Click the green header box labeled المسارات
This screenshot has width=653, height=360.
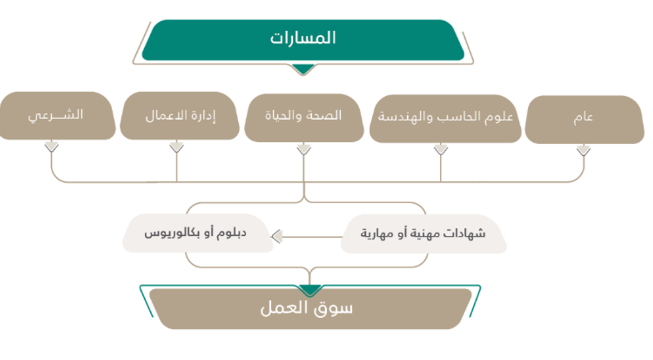point(303,40)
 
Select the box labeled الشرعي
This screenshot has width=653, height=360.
point(57,116)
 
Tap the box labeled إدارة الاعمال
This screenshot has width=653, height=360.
point(179,116)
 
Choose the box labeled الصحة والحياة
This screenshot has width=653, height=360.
point(304,117)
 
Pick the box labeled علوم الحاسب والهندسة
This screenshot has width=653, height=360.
point(445,119)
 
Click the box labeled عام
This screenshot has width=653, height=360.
point(585,120)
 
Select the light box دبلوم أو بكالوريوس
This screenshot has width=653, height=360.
point(198,233)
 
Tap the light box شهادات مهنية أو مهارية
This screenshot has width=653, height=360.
point(424,234)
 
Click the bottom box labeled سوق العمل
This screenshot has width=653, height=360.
point(310,309)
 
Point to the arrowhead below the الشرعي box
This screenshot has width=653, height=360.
point(52,147)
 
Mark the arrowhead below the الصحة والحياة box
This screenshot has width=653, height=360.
point(304,150)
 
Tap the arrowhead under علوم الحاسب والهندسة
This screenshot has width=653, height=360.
point(440,150)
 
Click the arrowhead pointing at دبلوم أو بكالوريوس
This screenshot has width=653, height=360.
point(277,236)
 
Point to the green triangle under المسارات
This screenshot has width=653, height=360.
point(303,69)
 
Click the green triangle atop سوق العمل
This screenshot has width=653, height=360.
point(310,290)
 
